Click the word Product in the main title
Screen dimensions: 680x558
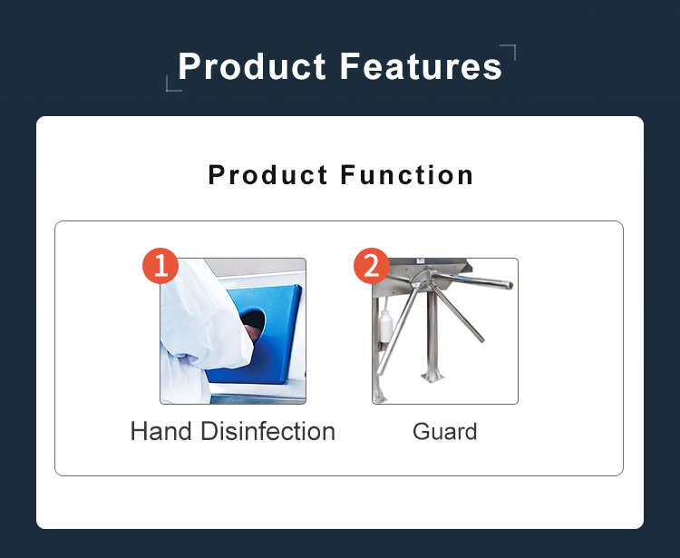(x=252, y=66)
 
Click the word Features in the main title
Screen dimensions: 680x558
(x=421, y=66)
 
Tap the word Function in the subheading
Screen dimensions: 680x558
(x=407, y=175)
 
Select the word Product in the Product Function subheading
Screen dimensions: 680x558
(x=267, y=175)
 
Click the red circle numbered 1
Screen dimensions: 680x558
(x=160, y=266)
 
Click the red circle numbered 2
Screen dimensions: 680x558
(x=372, y=266)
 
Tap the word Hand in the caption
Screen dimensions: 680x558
(x=160, y=431)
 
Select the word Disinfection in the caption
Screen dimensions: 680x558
(x=268, y=431)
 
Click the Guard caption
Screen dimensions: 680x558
(x=445, y=432)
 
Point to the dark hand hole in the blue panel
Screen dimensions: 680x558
(x=254, y=324)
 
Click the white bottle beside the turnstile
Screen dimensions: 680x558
(x=385, y=327)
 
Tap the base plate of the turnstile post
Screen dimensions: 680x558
(x=432, y=377)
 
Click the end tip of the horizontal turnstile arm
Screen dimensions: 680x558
(x=510, y=285)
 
